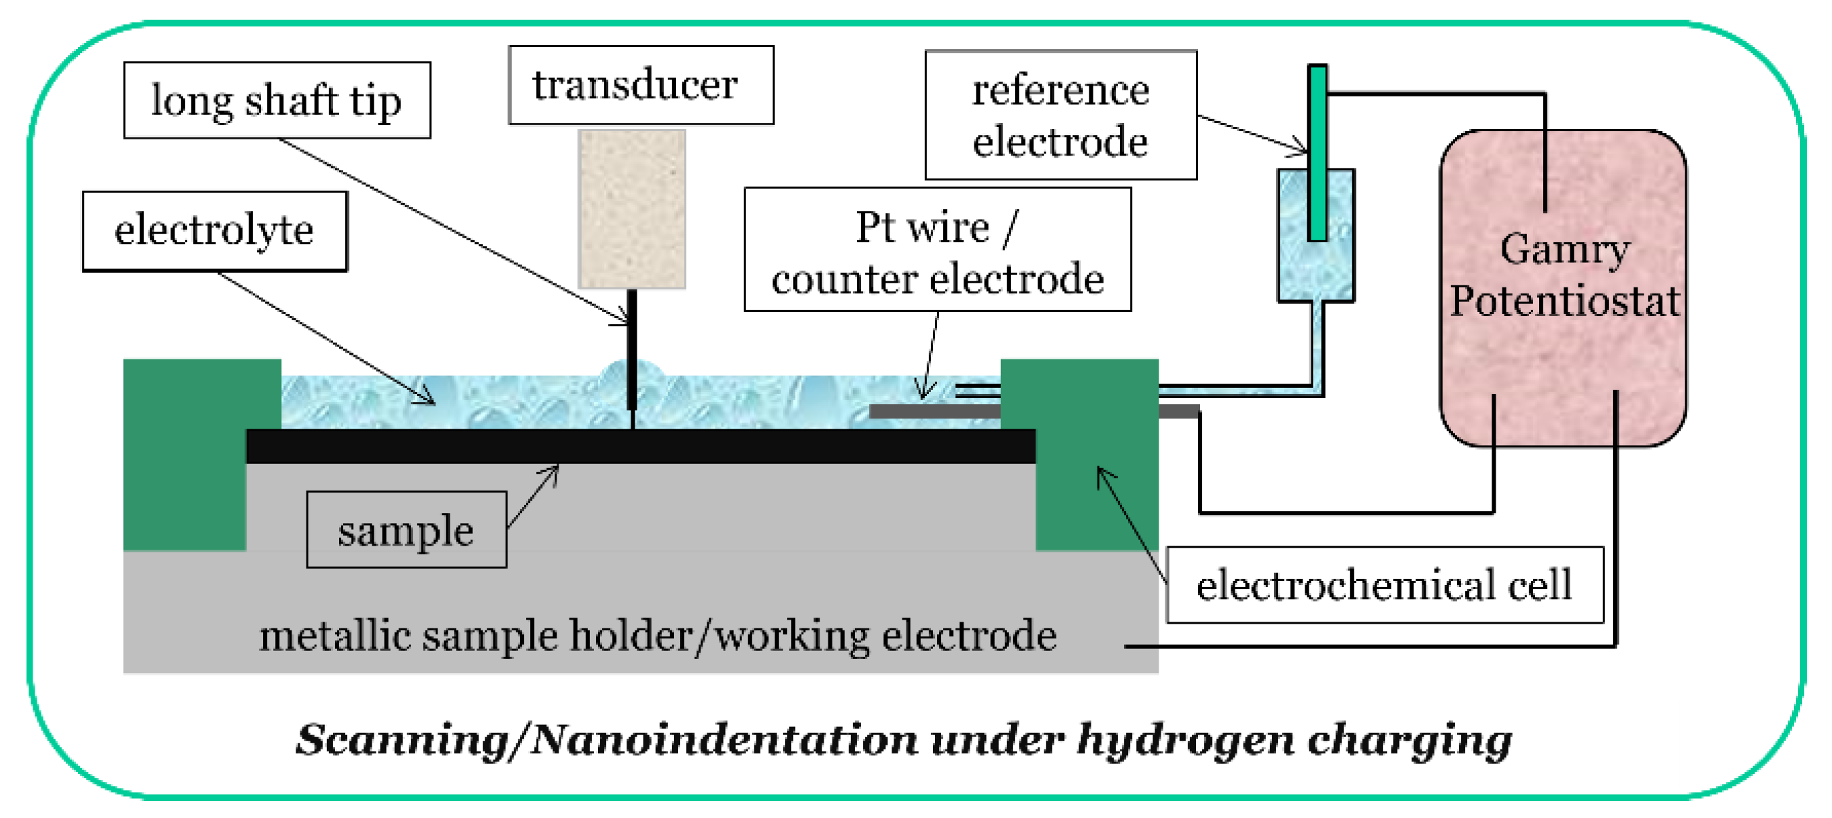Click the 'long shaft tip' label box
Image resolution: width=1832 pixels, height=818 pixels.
[277, 101]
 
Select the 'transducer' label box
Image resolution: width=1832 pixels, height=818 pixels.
[641, 86]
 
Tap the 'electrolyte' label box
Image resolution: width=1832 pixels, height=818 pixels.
[215, 231]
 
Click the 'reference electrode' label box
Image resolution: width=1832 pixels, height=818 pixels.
[1060, 115]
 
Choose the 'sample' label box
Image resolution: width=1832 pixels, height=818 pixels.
[406, 530]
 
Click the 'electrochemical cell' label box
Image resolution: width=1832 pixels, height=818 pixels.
[1385, 586]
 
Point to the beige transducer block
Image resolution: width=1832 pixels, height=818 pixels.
[631, 209]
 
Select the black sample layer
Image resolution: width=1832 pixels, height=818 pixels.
[640, 446]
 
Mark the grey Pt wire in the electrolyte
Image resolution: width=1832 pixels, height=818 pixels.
[933, 411]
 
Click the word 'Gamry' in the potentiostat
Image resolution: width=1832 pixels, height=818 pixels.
[1564, 249]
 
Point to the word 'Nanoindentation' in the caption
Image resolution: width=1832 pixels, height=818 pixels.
[723, 740]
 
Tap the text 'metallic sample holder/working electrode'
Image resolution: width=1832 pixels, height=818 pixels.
[657, 635]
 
